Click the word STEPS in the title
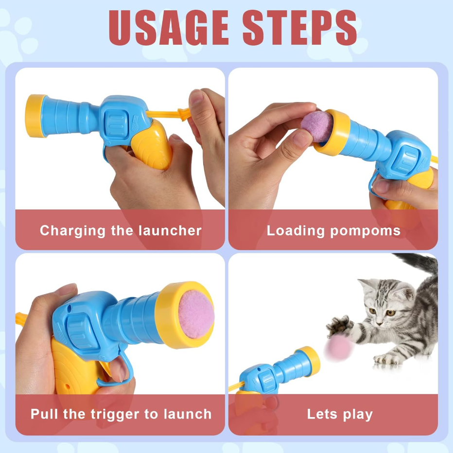(x=299, y=28)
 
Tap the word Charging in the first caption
(x=72, y=231)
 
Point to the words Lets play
(x=340, y=415)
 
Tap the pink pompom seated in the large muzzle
(x=196, y=314)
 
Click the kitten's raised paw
(x=340, y=326)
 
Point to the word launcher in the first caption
(x=170, y=231)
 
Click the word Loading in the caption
(x=296, y=231)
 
